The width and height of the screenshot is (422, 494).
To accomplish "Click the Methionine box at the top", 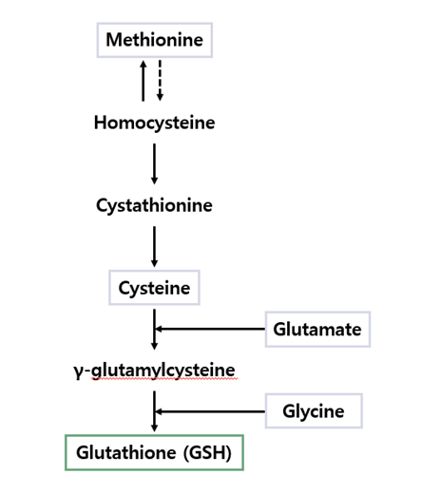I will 154,40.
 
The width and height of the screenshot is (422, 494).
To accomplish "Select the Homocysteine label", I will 154,123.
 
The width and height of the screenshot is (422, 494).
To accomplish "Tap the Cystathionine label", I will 154,205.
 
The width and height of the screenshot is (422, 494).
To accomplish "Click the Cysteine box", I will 154,288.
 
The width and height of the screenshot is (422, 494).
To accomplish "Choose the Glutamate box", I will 316,330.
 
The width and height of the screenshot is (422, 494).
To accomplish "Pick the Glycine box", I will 313,411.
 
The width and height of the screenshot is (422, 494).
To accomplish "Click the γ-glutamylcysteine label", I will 154,370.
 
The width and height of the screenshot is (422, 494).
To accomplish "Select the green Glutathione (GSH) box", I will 154,452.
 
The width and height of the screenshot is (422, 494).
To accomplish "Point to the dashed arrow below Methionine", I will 160,81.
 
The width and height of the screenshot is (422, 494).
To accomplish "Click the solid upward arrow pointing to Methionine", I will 144,81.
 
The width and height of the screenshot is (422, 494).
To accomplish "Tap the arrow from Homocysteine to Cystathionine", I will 154,163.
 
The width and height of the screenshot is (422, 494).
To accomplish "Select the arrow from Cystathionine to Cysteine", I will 154,246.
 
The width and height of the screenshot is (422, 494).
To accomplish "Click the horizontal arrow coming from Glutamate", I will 209,329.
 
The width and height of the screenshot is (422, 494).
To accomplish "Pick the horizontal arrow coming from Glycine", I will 209,411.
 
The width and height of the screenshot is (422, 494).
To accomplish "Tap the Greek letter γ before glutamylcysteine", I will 78,370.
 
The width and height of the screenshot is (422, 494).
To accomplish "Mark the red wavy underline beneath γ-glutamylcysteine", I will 162,379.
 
